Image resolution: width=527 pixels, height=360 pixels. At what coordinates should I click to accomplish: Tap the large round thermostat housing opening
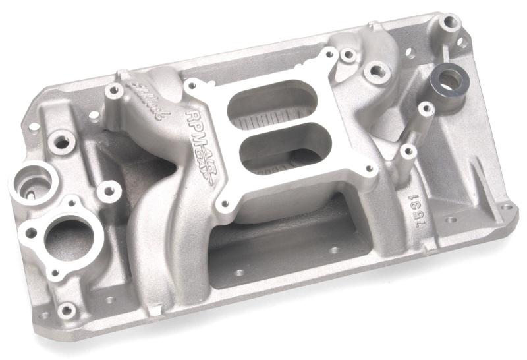[69, 238]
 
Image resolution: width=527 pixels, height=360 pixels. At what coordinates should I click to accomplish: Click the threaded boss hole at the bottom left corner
[66, 309]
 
